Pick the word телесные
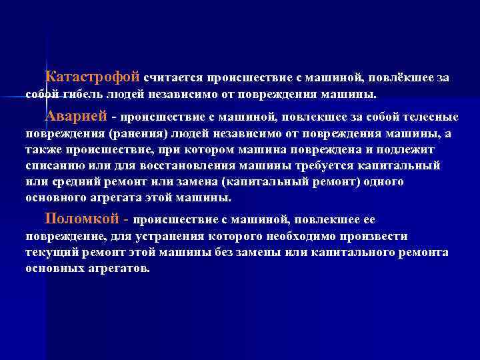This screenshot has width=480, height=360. point(427,117)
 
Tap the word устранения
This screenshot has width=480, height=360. point(145,236)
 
